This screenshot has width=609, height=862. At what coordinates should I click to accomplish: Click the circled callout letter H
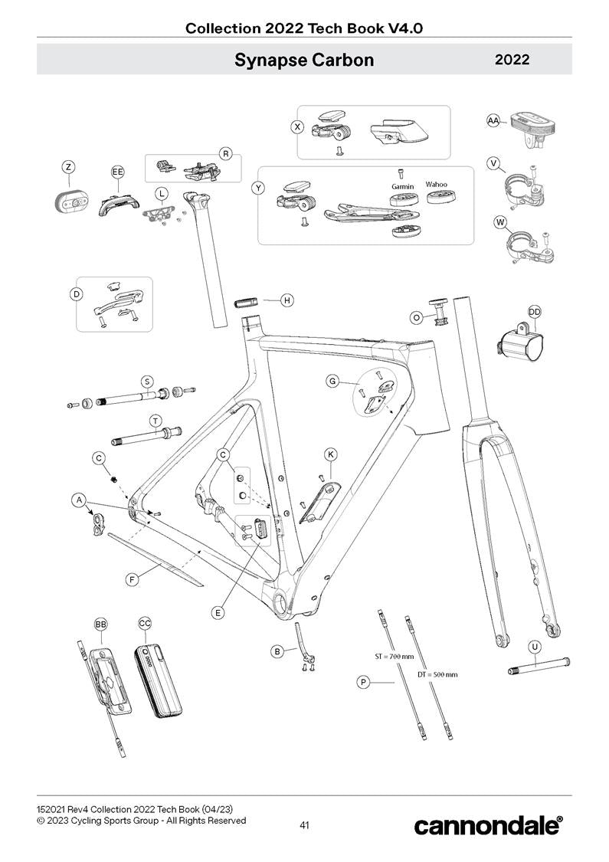[286, 300]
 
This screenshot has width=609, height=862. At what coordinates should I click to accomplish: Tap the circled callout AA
[494, 120]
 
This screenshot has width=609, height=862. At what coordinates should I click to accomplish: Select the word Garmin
[402, 186]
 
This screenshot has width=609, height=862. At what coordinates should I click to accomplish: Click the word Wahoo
[437, 185]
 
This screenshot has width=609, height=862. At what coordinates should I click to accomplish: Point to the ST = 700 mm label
[393, 657]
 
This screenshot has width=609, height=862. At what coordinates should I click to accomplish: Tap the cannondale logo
[488, 825]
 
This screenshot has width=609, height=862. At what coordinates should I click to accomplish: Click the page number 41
[304, 825]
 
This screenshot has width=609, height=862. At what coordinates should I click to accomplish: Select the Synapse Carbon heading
[304, 60]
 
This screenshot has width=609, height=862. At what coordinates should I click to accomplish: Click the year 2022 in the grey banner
[512, 60]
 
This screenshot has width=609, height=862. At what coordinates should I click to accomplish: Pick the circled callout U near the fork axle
[535, 647]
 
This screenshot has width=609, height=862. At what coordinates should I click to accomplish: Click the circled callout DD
[535, 311]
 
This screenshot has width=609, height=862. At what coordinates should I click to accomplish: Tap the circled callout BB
[100, 624]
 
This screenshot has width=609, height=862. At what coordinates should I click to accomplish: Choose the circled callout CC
[145, 624]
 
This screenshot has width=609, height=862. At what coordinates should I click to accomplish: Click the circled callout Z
[69, 167]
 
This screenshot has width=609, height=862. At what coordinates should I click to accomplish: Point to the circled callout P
[363, 681]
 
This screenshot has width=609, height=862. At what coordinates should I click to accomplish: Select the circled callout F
[133, 580]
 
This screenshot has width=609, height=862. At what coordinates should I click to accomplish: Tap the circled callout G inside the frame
[332, 381]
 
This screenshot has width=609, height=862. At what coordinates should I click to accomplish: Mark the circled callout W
[501, 223]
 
